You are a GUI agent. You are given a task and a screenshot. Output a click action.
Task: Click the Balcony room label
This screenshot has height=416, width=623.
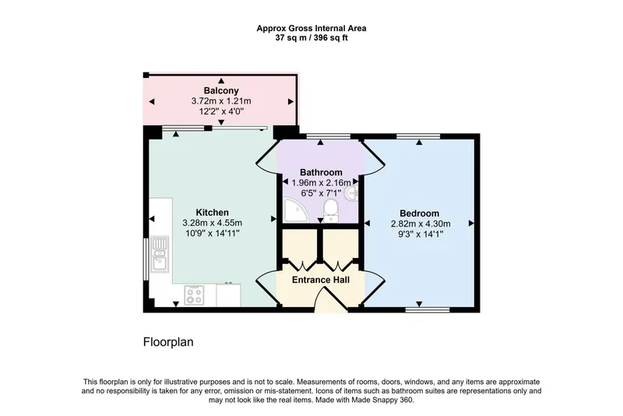point(221,90)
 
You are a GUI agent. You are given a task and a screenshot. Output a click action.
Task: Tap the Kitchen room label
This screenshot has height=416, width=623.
point(212,212)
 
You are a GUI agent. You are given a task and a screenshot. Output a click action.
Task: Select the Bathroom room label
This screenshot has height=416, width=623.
point(321,172)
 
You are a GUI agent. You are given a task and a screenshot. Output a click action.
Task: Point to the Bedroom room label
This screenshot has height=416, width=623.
point(420,213)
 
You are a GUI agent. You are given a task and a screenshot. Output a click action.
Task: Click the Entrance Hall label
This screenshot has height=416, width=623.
point(321,280)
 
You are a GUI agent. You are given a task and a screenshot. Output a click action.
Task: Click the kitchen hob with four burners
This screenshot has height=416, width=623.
point(194,295)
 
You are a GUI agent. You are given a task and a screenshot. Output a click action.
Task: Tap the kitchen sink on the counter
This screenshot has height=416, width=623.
point(160,254)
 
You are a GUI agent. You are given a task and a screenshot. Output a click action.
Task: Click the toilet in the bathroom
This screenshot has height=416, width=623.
point(330,210)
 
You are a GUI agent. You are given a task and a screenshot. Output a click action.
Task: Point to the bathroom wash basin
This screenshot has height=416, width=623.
point(352,194)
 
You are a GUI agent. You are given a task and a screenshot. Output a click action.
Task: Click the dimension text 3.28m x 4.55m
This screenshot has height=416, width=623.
point(212,223)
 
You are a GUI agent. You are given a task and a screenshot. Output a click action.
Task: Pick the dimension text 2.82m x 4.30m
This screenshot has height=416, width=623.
point(421,224)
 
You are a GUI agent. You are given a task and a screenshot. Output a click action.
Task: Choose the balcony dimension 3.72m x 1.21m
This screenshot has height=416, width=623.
point(221,101)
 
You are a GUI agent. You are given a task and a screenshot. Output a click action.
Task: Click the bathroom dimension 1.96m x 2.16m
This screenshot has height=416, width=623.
point(321,183)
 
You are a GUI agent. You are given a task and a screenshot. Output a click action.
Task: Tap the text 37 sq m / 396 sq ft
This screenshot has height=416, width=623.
point(311,38)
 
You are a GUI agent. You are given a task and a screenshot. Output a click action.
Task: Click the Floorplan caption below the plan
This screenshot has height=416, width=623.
point(168,342)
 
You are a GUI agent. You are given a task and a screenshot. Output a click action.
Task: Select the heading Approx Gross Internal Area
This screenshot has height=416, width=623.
point(311,28)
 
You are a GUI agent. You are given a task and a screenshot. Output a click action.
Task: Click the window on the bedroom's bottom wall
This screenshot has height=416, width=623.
point(428,310)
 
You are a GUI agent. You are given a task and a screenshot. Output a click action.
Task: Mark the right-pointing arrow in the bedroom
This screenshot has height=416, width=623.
point(471,224)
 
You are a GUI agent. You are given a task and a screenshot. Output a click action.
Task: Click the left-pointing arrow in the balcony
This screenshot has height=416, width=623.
point(151,102)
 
